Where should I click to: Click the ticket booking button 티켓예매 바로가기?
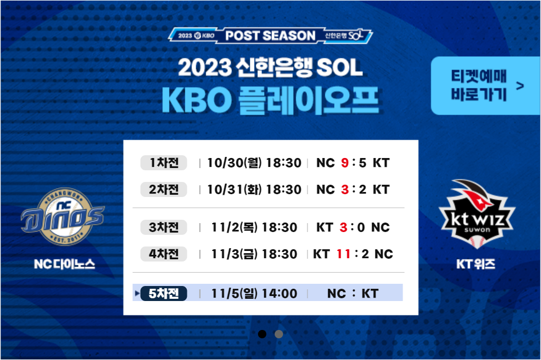485,86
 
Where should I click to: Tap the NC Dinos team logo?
63,217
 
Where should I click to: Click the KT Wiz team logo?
477,214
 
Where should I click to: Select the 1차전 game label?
163,162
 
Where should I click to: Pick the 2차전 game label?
163,190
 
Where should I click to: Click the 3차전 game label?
163,227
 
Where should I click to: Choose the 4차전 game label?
163,254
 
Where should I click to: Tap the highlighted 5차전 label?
163,293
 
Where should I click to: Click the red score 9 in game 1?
345,163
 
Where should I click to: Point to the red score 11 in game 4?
343,254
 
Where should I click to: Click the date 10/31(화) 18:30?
254,190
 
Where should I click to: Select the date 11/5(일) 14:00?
254,293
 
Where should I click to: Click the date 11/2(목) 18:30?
254,227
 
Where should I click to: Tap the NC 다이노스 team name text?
64,264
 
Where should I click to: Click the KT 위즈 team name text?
476,264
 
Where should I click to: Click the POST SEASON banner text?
270,36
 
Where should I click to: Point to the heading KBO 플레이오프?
270,100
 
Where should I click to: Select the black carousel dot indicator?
262,334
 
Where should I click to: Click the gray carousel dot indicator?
279,334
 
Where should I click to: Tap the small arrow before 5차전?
137,293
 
